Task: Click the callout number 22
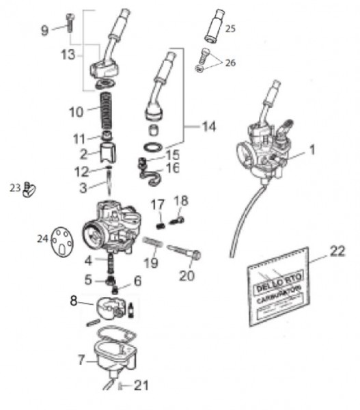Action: pyautogui.click(x=336, y=251)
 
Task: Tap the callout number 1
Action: pyautogui.click(x=312, y=148)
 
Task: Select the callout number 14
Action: pyautogui.click(x=207, y=126)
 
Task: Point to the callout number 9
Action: pyautogui.click(x=45, y=29)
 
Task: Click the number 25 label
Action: pyautogui.click(x=230, y=29)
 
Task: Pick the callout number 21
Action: pyautogui.click(x=140, y=385)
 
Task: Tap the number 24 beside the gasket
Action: pyautogui.click(x=42, y=238)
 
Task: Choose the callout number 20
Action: pyautogui.click(x=186, y=276)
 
